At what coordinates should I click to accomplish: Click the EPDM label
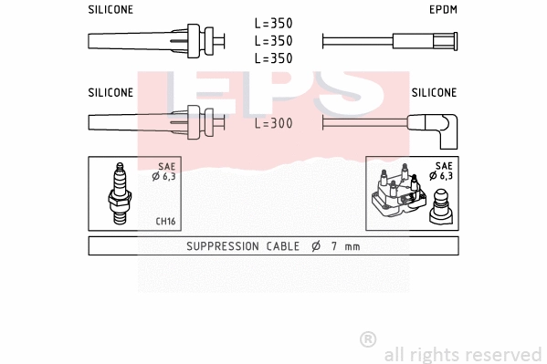coord(443,9)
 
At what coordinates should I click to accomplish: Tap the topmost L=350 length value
coord(273,24)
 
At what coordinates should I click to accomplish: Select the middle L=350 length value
coord(273,41)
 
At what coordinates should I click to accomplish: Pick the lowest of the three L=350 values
coord(273,58)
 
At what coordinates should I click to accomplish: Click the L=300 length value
coord(273,123)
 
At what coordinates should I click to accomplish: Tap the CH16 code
coord(165,221)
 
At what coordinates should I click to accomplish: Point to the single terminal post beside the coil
coord(441,206)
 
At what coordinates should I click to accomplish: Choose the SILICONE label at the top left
coord(110,9)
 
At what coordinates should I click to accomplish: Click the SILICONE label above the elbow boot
coord(434,92)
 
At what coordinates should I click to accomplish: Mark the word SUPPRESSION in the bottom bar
coord(221,246)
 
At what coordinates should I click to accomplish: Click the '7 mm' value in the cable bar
coord(348,246)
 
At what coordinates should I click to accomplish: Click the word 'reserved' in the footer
coord(503,354)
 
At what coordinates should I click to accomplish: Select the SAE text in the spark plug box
coord(165,166)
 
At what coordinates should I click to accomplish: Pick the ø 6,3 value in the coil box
coord(442,176)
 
